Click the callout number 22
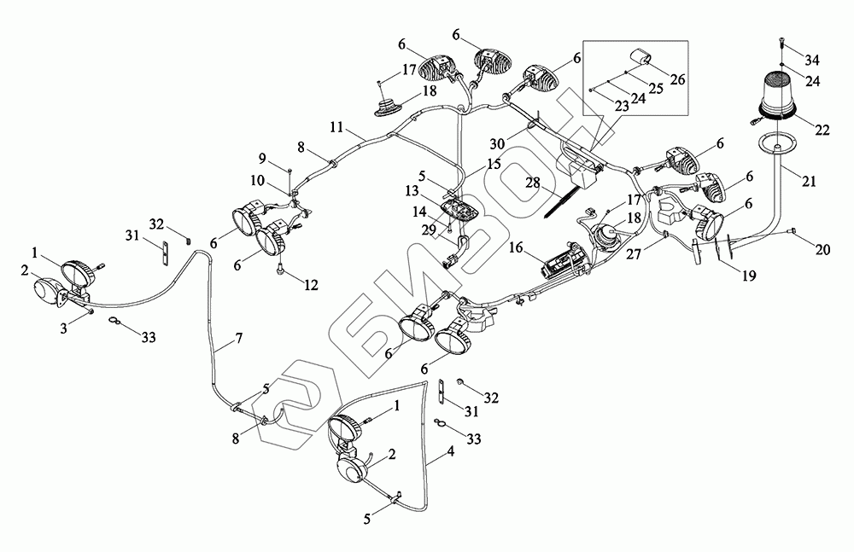[822, 130]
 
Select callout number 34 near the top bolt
[813, 60]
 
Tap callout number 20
[822, 250]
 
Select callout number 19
[749, 276]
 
